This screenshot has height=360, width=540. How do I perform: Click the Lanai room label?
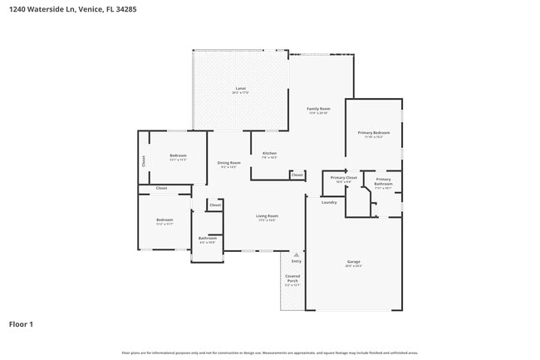[x=240, y=89]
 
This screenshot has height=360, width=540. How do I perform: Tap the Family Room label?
[x=318, y=109]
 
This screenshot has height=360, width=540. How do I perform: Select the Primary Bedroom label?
[x=374, y=133]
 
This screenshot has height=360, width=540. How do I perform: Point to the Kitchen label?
[x=269, y=154]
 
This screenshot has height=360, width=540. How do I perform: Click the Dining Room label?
[x=229, y=163]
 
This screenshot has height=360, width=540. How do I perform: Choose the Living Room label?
[x=267, y=216]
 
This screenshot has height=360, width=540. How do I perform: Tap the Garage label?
[x=354, y=262]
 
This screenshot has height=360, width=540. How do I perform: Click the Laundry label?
[x=329, y=202]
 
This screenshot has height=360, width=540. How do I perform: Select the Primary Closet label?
[x=344, y=178]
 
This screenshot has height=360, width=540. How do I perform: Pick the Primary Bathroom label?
[x=383, y=181]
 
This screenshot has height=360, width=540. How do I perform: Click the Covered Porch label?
[x=292, y=279]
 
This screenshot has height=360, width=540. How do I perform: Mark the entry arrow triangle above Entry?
[x=296, y=254]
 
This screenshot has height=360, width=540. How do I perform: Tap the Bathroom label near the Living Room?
[x=207, y=239]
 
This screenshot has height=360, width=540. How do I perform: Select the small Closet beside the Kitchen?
[x=297, y=175]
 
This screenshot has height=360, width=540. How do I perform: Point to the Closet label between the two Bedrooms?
[x=161, y=189]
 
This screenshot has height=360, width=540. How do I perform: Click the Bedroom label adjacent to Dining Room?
[x=178, y=156]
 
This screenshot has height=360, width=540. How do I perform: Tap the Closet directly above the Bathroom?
[x=215, y=205]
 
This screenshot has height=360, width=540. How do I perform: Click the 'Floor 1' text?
[x=21, y=323]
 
